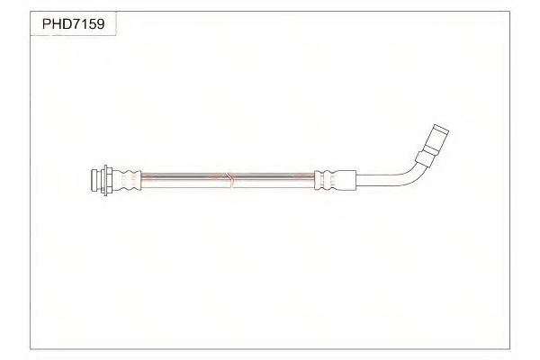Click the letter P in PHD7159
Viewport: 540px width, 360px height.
point(47,24)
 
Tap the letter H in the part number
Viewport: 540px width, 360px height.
point(56,24)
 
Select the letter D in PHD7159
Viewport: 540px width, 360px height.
point(66,24)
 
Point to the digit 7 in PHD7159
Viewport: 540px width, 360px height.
point(76,24)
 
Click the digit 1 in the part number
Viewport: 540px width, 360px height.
point(84,24)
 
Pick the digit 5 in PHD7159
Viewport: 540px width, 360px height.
point(92,24)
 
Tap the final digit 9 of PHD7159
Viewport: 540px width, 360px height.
point(100,24)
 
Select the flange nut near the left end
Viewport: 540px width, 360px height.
point(106,180)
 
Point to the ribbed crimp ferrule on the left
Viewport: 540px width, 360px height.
point(127,180)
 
